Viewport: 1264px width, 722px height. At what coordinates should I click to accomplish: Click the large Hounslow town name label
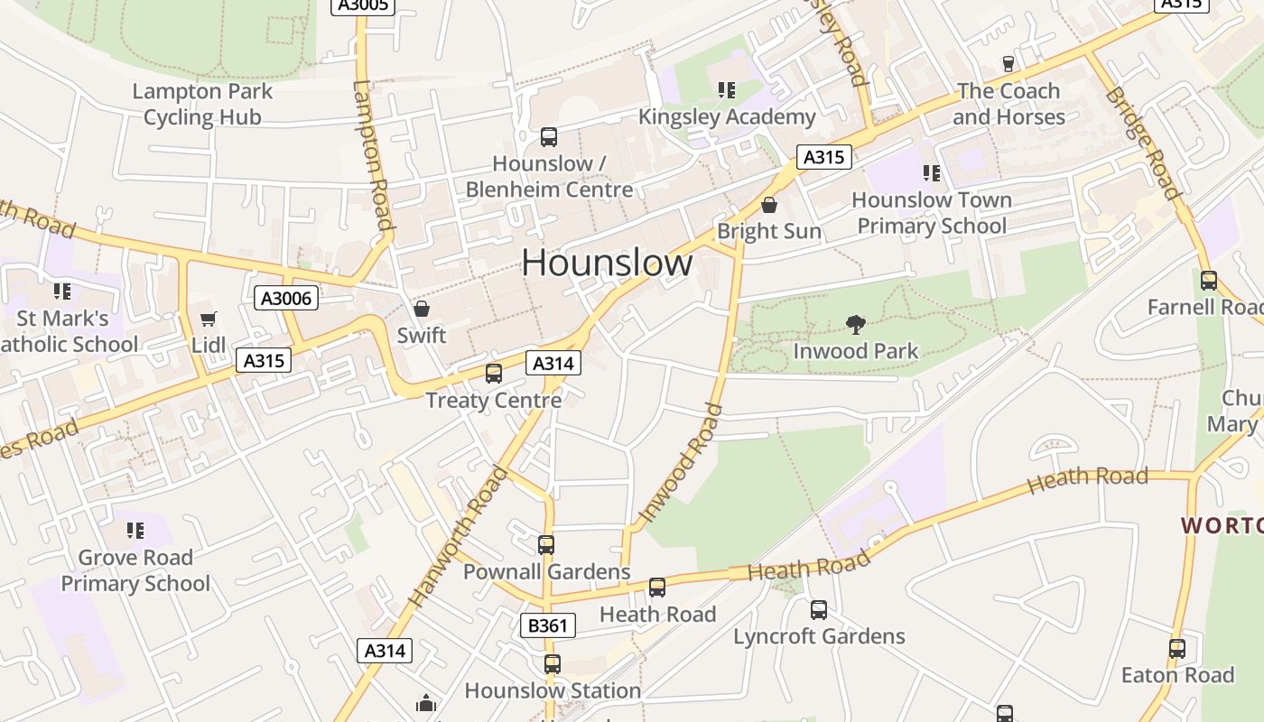pos(607,263)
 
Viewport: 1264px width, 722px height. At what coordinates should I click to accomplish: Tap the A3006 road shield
pos(286,298)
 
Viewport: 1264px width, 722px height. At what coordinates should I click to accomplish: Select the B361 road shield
pos(548,625)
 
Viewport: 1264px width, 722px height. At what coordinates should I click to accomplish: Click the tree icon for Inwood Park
pos(855,324)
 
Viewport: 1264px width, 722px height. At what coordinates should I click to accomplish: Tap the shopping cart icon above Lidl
pos(209,319)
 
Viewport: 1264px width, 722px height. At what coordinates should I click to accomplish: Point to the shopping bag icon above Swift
pos(422,309)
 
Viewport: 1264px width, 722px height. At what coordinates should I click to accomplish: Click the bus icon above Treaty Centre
pos(493,373)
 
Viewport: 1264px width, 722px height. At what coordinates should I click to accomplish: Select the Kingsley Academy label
pos(727,116)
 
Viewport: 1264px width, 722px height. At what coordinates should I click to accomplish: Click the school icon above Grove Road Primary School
pos(135,530)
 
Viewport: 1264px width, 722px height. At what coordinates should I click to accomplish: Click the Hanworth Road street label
pos(458,536)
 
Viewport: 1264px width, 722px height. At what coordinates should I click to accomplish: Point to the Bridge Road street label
pos(1142,143)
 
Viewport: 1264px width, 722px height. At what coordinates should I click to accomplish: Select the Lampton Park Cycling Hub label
pos(202,104)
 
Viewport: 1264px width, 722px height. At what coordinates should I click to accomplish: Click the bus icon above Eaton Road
pos(1176,648)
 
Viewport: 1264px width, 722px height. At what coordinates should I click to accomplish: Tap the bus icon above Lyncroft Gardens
pos(818,609)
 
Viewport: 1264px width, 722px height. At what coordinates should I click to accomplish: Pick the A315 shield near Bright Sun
pos(824,157)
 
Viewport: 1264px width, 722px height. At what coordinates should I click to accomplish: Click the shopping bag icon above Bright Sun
pos(769,205)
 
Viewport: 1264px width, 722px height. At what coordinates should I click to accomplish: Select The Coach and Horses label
pos(1008,104)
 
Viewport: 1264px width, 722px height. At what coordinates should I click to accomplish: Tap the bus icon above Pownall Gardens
pos(546,544)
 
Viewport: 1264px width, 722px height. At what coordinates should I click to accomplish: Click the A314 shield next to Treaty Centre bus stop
pos(553,363)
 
